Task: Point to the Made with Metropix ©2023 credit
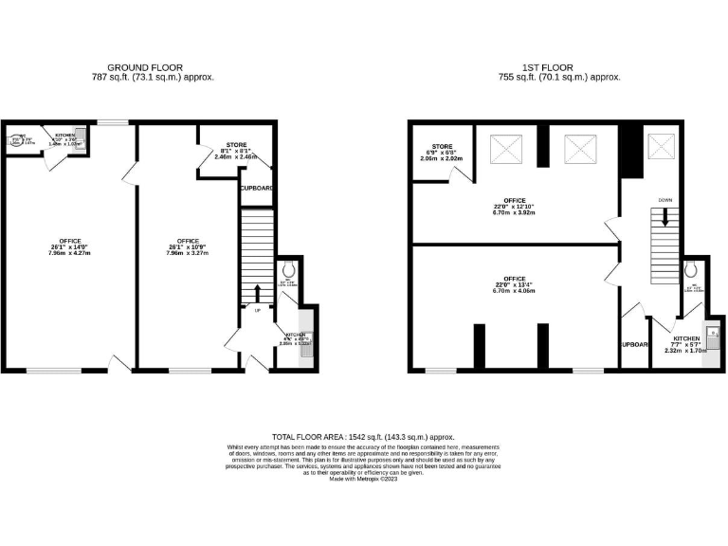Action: pyautogui.click(x=364, y=480)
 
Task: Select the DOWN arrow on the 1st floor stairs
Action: pyautogui.click(x=665, y=215)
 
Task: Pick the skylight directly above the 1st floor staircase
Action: pyautogui.click(x=661, y=146)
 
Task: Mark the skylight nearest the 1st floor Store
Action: pyautogui.click(x=504, y=149)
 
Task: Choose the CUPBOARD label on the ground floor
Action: pyautogui.click(x=257, y=189)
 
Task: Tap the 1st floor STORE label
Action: pyautogui.click(x=441, y=146)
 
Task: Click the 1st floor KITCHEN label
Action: pyautogui.click(x=686, y=337)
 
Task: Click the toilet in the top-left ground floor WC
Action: pyautogui.click(x=17, y=142)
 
